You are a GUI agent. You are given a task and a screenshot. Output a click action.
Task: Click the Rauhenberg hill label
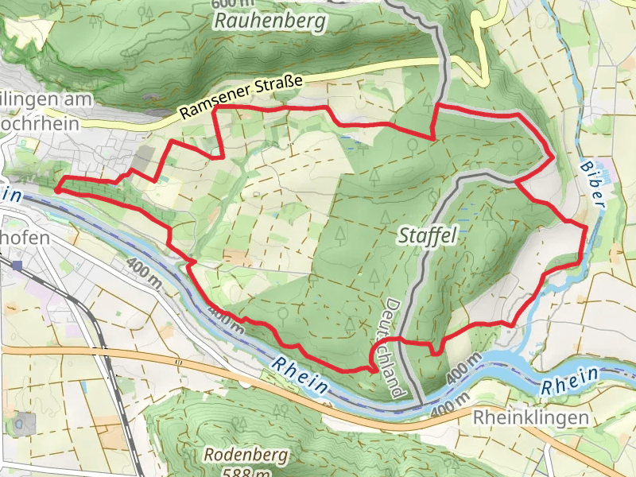270,21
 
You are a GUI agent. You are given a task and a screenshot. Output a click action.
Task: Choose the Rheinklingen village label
530,418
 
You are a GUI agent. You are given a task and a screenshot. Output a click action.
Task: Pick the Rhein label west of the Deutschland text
299,374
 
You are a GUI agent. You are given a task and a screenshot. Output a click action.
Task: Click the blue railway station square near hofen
17,263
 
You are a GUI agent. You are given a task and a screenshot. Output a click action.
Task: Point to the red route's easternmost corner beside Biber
586,228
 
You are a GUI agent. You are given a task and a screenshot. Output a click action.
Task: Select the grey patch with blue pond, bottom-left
25,423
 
